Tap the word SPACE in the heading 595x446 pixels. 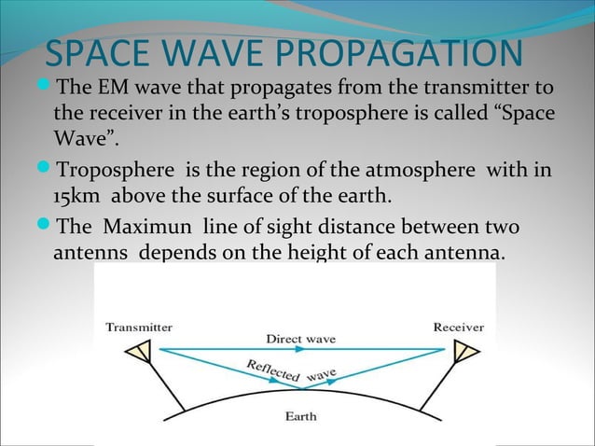click(99, 53)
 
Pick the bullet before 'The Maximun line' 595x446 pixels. click(48, 227)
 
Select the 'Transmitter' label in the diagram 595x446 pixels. click(138, 328)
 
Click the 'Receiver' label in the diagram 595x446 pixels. click(458, 328)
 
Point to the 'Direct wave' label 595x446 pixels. click(301, 338)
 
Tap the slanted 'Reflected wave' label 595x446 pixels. click(291, 372)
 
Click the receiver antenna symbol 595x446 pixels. click(463, 352)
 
